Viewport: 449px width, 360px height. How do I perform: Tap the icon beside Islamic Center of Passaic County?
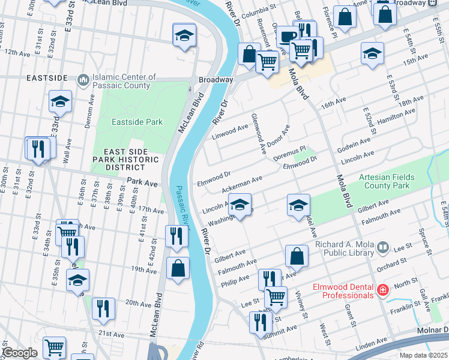coord(83,79)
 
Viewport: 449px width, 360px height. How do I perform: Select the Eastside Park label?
coord(137,122)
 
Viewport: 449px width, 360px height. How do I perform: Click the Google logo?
coord(19,353)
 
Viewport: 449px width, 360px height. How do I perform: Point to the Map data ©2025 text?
coord(423,355)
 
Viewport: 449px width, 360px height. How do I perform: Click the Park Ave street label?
coord(142,181)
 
